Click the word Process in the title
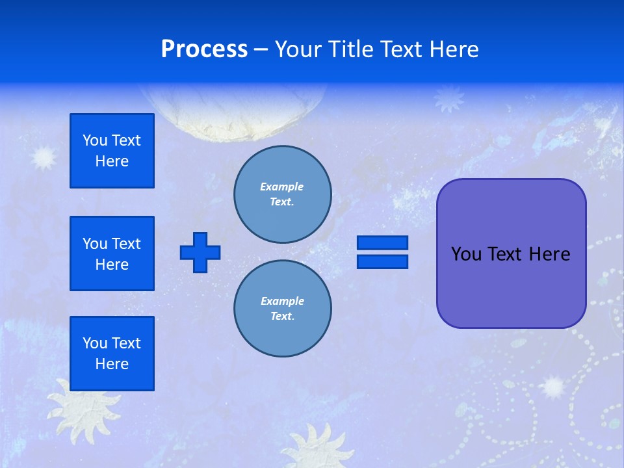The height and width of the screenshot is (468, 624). click(204, 49)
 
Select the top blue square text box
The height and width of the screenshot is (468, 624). click(112, 151)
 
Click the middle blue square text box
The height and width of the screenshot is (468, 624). click(112, 253)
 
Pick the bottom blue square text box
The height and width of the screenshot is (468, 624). click(112, 354)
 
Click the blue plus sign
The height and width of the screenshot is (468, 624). click(200, 252)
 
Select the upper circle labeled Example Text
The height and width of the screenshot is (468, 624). click(282, 194)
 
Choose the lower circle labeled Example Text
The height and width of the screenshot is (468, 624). click(282, 309)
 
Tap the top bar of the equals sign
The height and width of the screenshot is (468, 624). click(382, 242)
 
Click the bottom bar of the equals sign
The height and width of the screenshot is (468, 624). click(382, 261)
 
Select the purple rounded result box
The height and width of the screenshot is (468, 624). click(511, 253)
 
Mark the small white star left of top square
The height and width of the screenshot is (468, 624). click(44, 157)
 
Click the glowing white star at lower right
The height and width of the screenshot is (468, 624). click(553, 387)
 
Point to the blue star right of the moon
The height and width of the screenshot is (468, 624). click(449, 98)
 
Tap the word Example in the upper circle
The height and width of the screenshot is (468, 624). click(281, 187)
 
